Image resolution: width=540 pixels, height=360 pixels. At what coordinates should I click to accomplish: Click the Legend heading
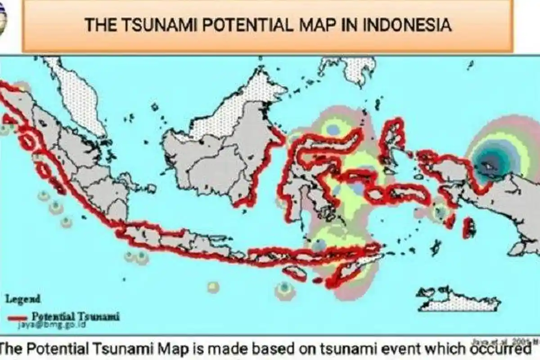click(22, 298)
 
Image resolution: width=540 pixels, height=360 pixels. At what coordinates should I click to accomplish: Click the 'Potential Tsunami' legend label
click(76, 316)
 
